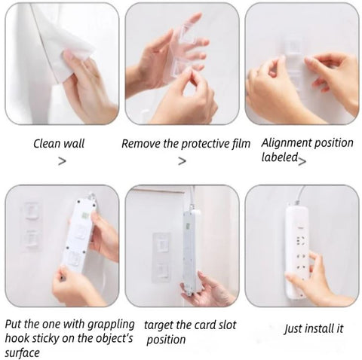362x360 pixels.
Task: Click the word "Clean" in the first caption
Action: [x=47, y=144]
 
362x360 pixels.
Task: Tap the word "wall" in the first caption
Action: [x=73, y=144]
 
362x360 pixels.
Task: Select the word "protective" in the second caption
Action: [x=205, y=144]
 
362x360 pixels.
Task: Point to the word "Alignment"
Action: [x=286, y=143]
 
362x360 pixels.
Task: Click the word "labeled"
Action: [x=279, y=157]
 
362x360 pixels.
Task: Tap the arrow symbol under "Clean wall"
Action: [x=62, y=161]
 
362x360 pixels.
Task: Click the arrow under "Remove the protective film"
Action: [x=182, y=161]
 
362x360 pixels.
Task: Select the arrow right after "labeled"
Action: [x=302, y=161]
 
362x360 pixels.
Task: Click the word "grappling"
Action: [x=109, y=325]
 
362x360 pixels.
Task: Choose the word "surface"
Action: [x=22, y=353]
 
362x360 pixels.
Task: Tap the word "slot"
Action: [x=227, y=325]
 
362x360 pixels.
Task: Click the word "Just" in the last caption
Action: [x=293, y=329]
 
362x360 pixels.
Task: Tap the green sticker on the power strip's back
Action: [x=87, y=215]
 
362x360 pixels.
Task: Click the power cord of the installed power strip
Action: [x=301, y=194]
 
